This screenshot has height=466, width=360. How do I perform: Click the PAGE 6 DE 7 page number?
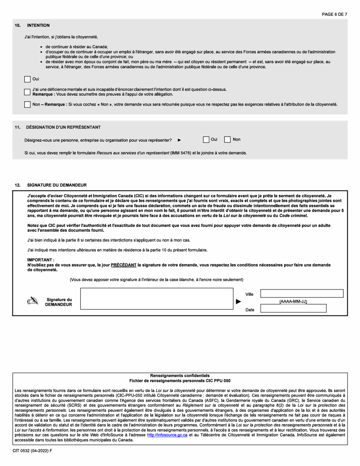pos(334,14)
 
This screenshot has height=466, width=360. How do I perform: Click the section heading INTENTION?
pos(38,25)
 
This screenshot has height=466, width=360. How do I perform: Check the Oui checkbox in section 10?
pos(27,79)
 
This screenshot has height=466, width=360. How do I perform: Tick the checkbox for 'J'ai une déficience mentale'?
pos(27,92)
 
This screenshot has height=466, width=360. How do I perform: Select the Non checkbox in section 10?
pos(27,105)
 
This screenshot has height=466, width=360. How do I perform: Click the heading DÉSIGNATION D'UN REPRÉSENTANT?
pos(63,127)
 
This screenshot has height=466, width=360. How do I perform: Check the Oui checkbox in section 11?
pos(206,140)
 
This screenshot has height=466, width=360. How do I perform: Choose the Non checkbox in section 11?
pos(227,140)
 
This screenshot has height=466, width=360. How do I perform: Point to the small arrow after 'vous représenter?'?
pos(179,140)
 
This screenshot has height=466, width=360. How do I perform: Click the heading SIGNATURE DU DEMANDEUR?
pos(57,185)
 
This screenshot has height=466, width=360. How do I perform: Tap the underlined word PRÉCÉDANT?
pos(124,265)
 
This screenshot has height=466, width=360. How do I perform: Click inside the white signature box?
pos(157,299)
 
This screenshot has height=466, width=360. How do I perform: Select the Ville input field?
pos(302,294)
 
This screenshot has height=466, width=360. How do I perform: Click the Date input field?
pos(293,308)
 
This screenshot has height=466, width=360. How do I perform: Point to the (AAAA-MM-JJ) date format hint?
pos(293,302)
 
